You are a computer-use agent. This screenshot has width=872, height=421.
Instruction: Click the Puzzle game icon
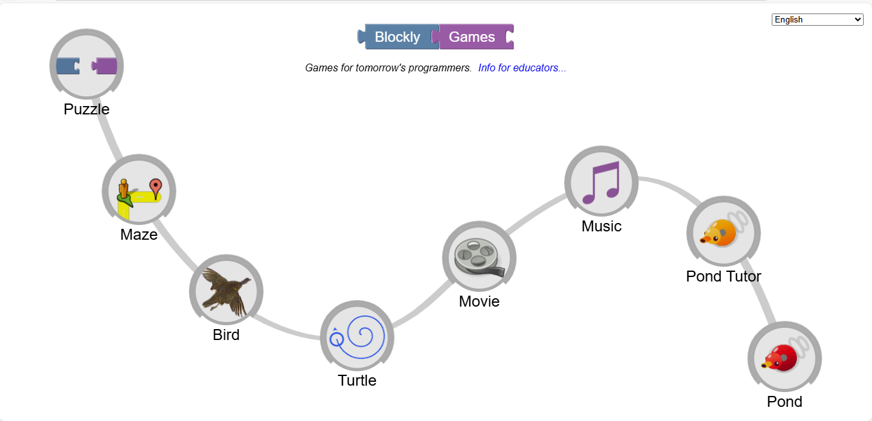click(87, 66)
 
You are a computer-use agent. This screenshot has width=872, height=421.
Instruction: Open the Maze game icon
click(139, 191)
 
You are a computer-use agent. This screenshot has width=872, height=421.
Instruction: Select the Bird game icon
click(226, 291)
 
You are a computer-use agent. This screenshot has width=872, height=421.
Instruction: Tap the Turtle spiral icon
click(357, 337)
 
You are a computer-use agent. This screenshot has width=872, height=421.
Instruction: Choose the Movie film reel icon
click(479, 258)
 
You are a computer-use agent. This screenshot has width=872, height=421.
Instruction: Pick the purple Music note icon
click(601, 183)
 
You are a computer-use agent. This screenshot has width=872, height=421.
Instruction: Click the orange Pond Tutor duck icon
click(723, 232)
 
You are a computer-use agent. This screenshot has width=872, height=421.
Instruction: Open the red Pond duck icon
click(784, 357)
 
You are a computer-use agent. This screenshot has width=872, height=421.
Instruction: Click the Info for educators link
click(522, 67)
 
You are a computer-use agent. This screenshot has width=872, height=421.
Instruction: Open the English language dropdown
click(817, 20)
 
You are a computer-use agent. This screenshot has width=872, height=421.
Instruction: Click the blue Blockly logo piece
click(397, 37)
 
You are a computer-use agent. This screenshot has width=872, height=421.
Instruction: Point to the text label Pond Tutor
click(724, 276)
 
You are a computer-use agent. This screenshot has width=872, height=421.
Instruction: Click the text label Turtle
click(357, 381)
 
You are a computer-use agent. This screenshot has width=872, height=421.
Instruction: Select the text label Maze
click(139, 235)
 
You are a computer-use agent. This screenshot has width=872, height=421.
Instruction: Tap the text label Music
click(601, 226)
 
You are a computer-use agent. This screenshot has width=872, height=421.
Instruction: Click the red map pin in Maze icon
click(155, 186)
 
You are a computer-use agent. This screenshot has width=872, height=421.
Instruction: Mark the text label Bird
click(226, 335)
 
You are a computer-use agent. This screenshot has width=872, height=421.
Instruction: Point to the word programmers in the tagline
click(438, 67)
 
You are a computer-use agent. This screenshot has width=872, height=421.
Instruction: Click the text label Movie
click(479, 301)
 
